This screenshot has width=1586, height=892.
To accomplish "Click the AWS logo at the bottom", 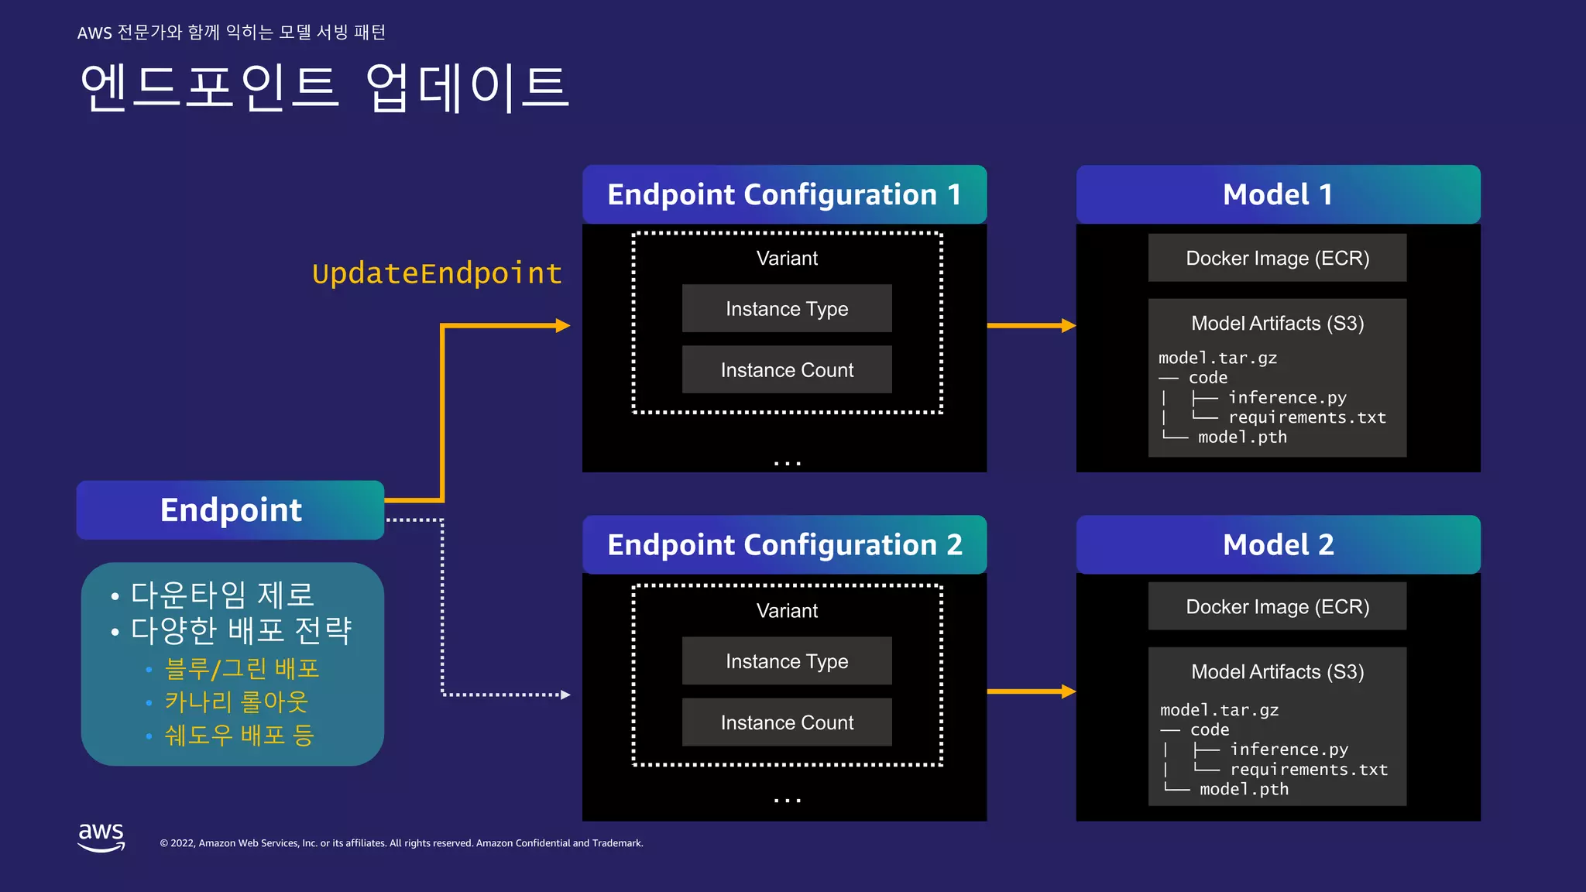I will click(x=101, y=837).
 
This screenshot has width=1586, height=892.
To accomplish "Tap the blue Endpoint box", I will click(x=230, y=509).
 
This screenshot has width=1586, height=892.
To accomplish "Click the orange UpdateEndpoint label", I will click(x=437, y=273).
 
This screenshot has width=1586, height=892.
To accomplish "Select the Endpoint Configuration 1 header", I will click(x=784, y=194).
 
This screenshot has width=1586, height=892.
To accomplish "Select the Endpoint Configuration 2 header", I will click(x=784, y=544).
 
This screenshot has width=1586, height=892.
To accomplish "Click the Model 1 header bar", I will click(x=1278, y=194).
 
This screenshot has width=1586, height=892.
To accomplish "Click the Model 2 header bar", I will click(x=1278, y=544).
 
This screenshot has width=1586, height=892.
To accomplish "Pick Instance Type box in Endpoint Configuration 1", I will click(x=787, y=308).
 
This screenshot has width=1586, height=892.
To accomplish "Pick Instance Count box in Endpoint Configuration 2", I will click(x=787, y=722).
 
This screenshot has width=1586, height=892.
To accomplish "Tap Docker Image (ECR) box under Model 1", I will click(x=1277, y=258).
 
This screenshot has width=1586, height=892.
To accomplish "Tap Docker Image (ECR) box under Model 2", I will click(x=1277, y=606).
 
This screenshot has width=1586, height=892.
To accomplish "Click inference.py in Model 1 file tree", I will click(x=1287, y=397).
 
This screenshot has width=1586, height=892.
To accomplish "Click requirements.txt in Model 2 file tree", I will click(x=1309, y=769).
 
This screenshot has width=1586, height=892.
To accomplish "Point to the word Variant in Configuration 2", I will click(x=787, y=610).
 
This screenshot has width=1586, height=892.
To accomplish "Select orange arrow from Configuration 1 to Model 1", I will click(x=1031, y=325).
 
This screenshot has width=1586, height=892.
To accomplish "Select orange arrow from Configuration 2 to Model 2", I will click(x=1031, y=691).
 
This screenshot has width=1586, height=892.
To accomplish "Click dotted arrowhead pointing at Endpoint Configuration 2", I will click(x=565, y=695).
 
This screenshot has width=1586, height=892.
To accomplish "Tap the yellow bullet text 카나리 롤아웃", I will click(x=236, y=702).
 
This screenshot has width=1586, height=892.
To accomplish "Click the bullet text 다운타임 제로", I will click(x=222, y=595).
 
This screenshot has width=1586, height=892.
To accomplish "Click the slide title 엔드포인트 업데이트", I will click(x=324, y=87).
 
